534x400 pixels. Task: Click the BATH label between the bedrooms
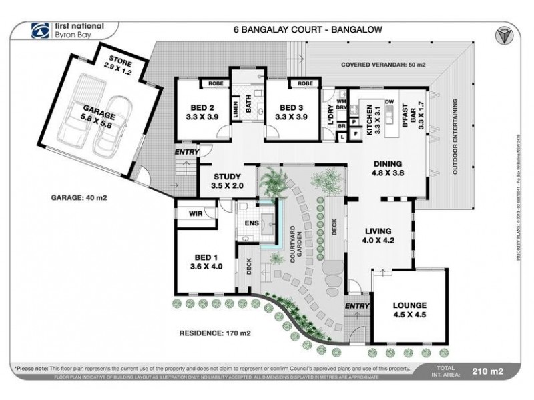pyautogui.click(x=248, y=103)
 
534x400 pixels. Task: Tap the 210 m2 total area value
pyautogui.click(x=487, y=371)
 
